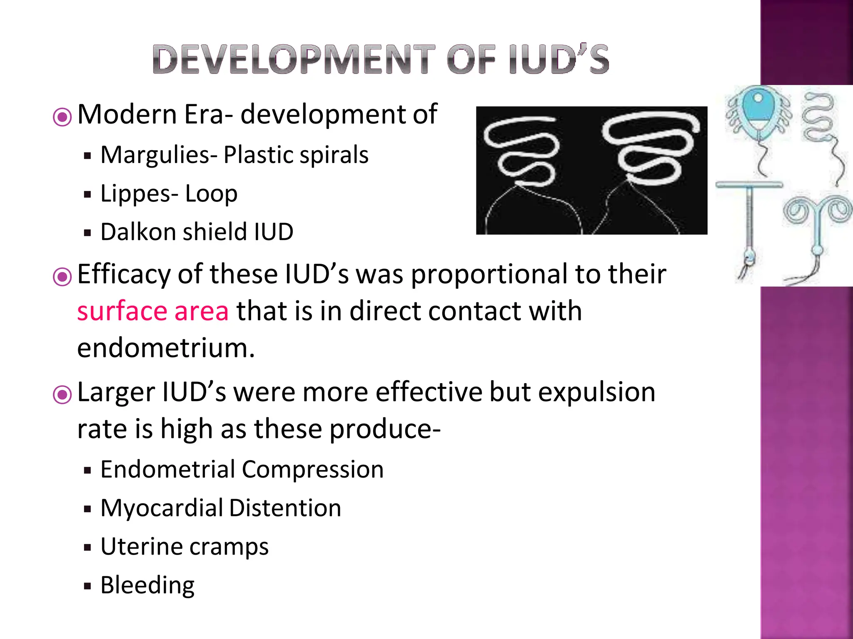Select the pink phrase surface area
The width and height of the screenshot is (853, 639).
point(153,311)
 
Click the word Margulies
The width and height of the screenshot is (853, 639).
point(155,155)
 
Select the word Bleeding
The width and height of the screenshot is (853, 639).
point(147,585)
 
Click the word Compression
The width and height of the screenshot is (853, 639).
point(312,469)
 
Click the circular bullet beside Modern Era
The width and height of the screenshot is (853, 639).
point(62,117)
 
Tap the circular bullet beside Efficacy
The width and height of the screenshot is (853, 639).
point(62,277)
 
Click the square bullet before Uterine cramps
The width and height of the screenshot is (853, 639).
point(87,547)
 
